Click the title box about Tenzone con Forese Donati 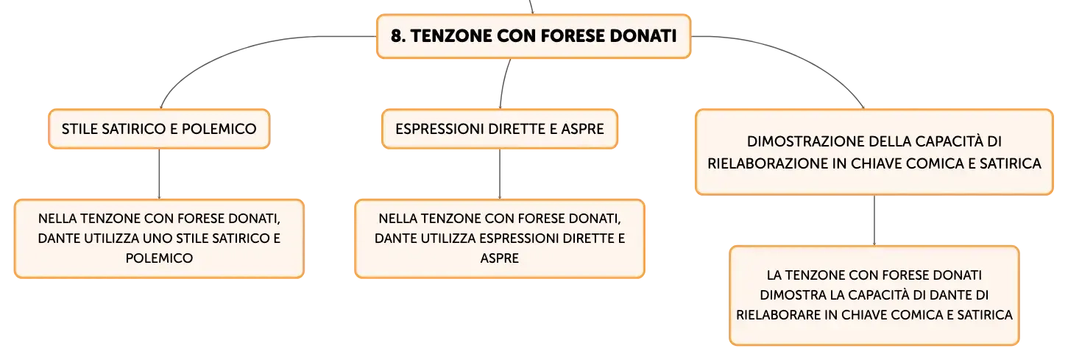tap(534, 36)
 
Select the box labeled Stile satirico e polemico tap(159, 129)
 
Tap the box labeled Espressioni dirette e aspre tap(500, 129)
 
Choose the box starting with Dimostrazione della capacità tap(874, 152)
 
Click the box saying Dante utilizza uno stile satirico tap(159, 239)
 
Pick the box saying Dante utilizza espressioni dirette tap(500, 239)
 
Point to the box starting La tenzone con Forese tap(874, 295)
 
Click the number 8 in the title tap(396, 36)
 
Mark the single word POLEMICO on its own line tap(159, 258)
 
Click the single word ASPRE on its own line tap(500, 258)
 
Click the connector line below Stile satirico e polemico tap(159, 174)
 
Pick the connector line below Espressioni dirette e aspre tap(500, 174)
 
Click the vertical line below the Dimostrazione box tap(874, 220)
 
